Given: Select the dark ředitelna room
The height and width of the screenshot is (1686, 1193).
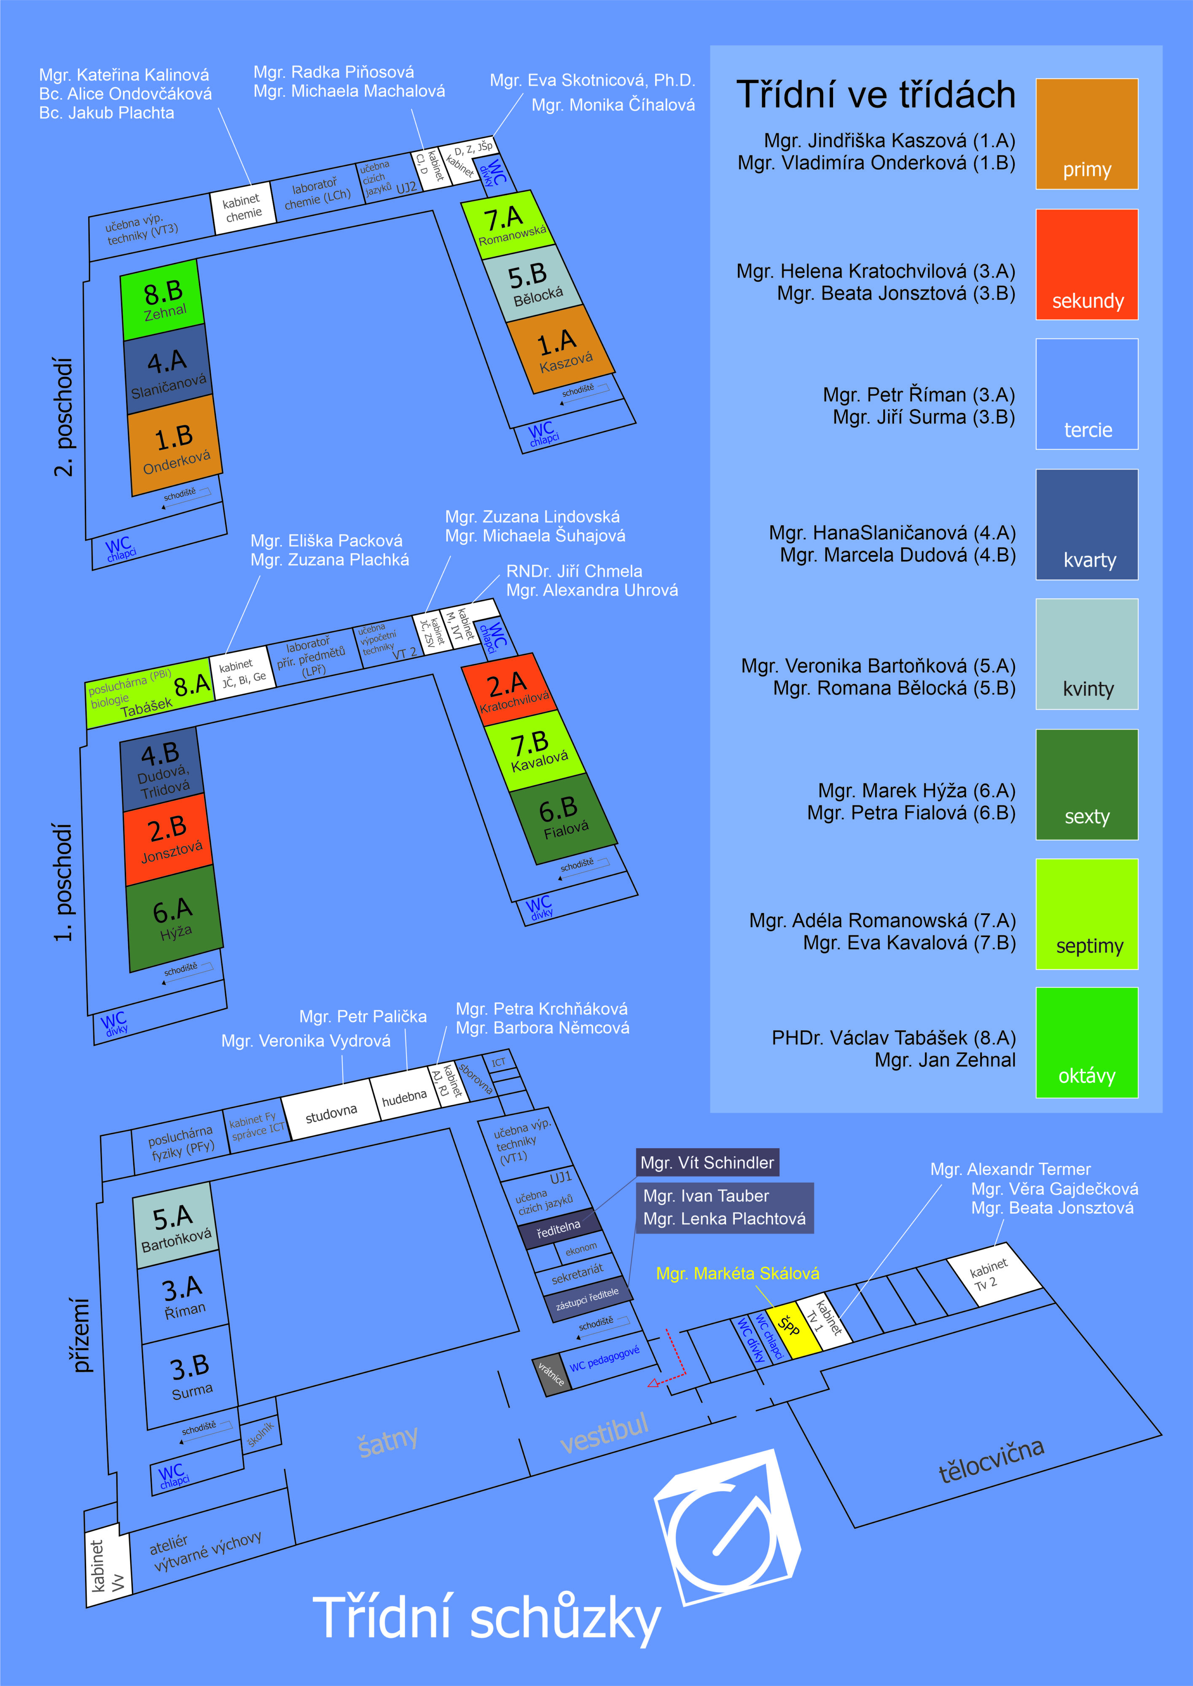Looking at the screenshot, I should [559, 1228].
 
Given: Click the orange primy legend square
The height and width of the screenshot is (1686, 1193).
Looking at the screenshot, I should [1086, 134].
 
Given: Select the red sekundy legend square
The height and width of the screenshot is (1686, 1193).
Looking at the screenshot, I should [1086, 264].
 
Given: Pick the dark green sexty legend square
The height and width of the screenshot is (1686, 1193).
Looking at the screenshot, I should [1086, 784].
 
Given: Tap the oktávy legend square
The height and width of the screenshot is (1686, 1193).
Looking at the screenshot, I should [1086, 1043].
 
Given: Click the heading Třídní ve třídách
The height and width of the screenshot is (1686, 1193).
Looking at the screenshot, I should [876, 95].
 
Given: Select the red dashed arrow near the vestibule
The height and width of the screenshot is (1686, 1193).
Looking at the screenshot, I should [672, 1362].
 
